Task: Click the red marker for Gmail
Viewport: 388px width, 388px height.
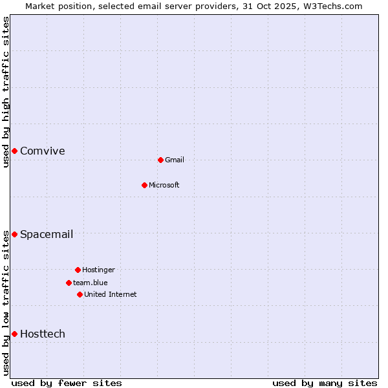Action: [160, 160]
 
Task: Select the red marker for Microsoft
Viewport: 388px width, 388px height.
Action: [144, 185]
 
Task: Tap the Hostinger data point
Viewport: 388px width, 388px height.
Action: [78, 270]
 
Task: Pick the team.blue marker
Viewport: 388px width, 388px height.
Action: [69, 283]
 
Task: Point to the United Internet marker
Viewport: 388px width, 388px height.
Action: [80, 294]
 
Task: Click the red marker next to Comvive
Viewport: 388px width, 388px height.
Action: [14, 151]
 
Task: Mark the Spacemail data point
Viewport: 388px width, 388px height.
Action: [14, 234]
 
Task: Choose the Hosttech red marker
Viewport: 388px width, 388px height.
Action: [14, 334]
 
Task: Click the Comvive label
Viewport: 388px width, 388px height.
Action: [42, 151]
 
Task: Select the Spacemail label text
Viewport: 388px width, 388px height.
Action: [46, 235]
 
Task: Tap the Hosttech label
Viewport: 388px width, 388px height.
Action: [42, 334]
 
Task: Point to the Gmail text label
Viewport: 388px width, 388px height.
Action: [175, 160]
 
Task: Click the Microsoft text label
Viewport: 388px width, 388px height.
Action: [164, 186]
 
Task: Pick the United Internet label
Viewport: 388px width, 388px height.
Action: [111, 295]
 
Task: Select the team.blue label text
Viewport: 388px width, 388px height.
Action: [91, 283]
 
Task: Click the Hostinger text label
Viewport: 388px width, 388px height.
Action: [98, 270]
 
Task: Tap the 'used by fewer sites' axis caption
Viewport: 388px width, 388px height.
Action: [67, 383]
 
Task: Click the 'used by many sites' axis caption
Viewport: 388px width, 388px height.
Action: [325, 383]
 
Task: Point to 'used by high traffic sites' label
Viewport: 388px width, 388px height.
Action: [6, 92]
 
